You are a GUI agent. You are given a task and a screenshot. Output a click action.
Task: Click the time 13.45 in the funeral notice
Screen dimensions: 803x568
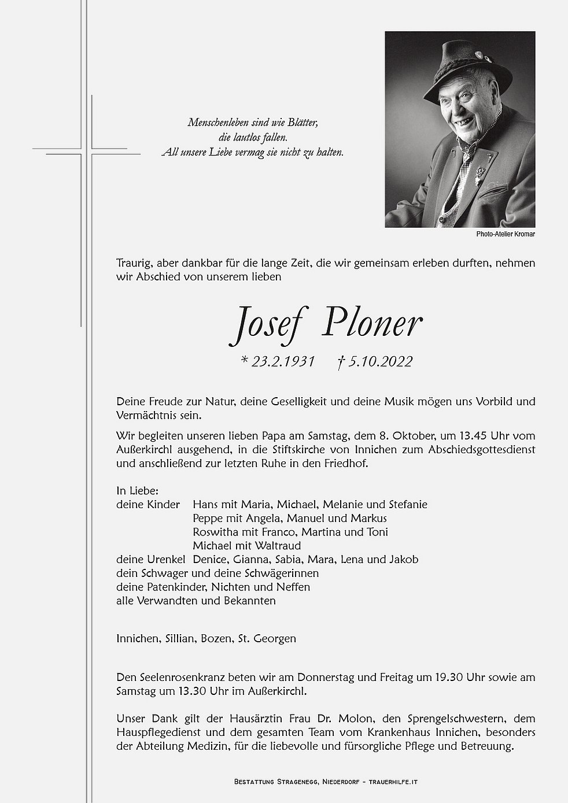point(456,435)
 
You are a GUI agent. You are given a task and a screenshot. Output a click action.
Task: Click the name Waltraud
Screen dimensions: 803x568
point(278,546)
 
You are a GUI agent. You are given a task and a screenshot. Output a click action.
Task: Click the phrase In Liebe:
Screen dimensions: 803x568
point(134,490)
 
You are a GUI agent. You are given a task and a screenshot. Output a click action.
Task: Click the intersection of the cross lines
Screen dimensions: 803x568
point(90,152)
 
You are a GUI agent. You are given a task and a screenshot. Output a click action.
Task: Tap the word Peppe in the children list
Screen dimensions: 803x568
point(208,518)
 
